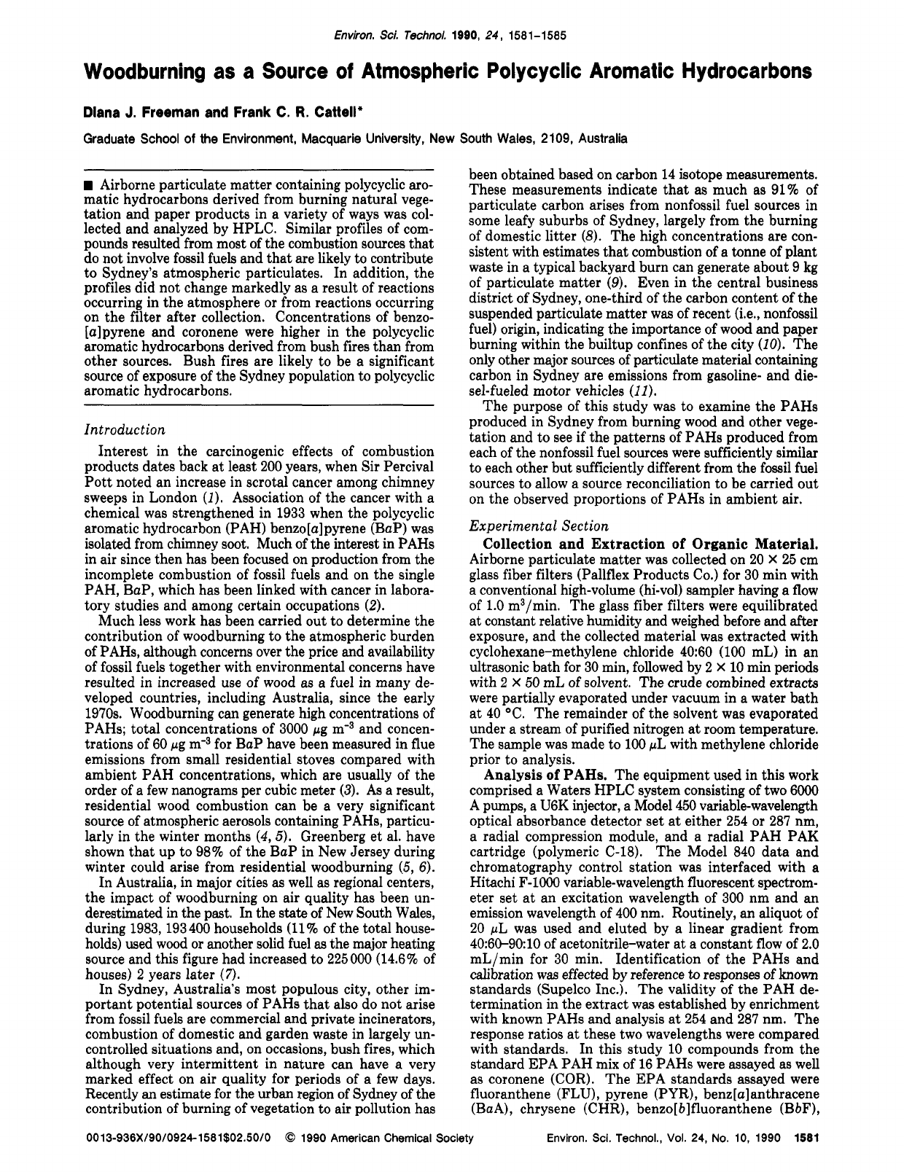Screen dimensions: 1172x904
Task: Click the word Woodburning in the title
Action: pos(160,71)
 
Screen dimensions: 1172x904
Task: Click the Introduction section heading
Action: pos(125,430)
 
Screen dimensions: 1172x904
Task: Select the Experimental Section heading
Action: pos(539,526)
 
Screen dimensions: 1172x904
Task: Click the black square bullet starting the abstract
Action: pos(89,181)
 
